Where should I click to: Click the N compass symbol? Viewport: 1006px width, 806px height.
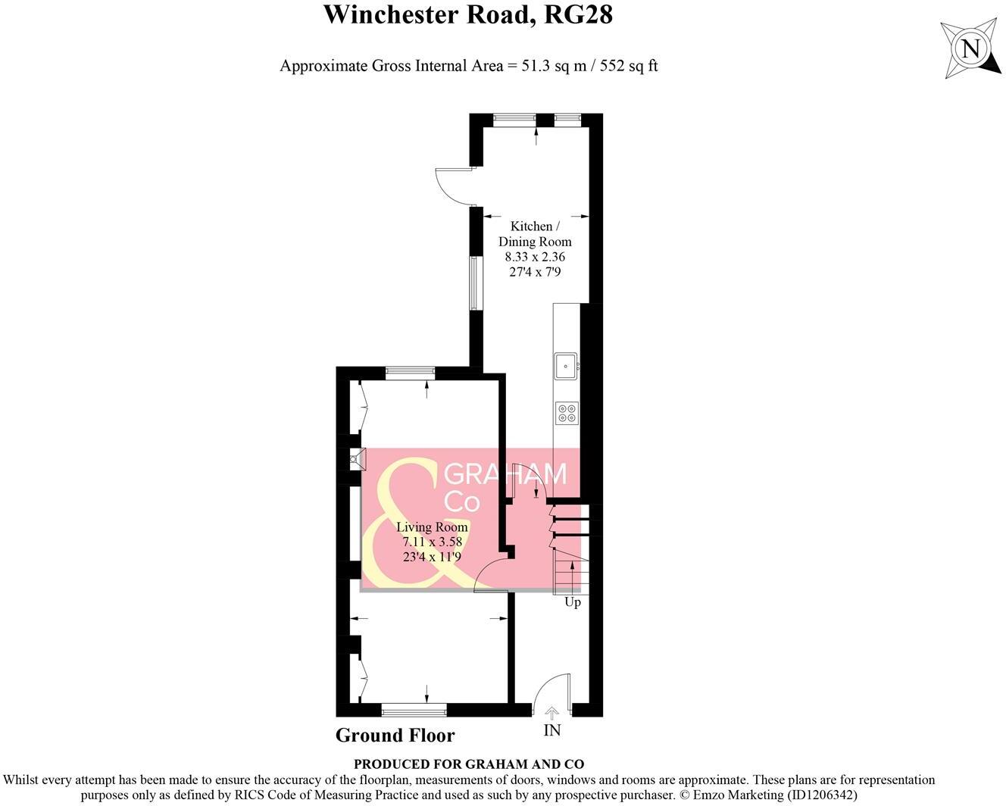[x=970, y=49]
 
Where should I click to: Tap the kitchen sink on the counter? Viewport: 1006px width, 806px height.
[x=566, y=366]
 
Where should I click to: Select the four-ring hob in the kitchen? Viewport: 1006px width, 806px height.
[x=566, y=413]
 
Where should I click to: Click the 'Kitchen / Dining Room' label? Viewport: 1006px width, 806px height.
[x=535, y=234]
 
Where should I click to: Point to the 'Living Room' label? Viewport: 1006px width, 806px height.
[x=432, y=527]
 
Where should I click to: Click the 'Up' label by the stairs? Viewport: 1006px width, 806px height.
[x=573, y=602]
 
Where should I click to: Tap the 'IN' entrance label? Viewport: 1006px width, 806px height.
[x=552, y=730]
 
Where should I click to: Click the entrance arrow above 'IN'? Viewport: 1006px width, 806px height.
[x=552, y=713]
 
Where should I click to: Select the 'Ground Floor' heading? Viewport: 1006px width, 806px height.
[x=395, y=735]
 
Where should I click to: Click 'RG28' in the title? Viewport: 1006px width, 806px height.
[x=577, y=14]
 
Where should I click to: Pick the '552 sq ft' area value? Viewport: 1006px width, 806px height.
[x=629, y=66]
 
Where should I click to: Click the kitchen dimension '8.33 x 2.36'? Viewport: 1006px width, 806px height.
[x=535, y=257]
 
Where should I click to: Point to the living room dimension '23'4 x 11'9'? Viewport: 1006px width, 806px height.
[x=432, y=557]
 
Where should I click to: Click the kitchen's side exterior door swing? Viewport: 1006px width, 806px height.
[x=453, y=185]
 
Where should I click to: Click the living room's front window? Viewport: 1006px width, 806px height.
[x=414, y=710]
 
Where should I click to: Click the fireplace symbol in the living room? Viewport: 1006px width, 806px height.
[x=355, y=459]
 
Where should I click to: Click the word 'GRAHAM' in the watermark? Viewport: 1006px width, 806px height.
[x=505, y=474]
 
